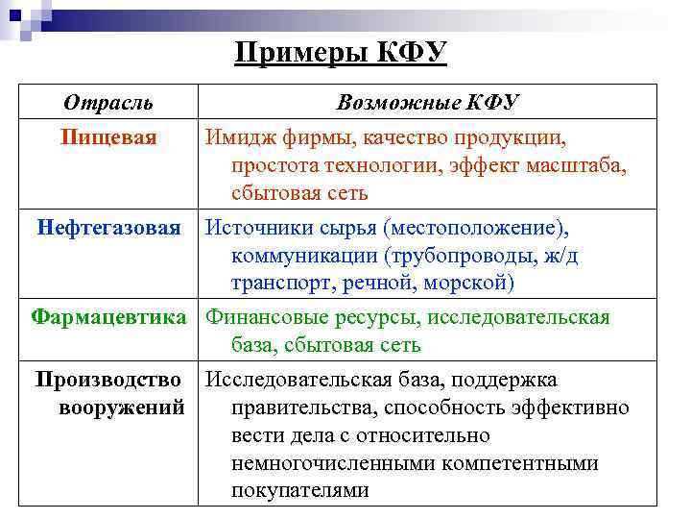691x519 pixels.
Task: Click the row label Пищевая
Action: click(x=108, y=137)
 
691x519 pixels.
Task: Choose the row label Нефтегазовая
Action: click(x=108, y=228)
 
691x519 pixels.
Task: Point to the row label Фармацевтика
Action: click(x=108, y=317)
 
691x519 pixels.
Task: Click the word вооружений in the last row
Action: click(x=122, y=407)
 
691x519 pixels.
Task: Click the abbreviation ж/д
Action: click(x=562, y=256)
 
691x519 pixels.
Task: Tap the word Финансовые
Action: click(x=264, y=317)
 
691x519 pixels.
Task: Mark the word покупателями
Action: click(x=299, y=490)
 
